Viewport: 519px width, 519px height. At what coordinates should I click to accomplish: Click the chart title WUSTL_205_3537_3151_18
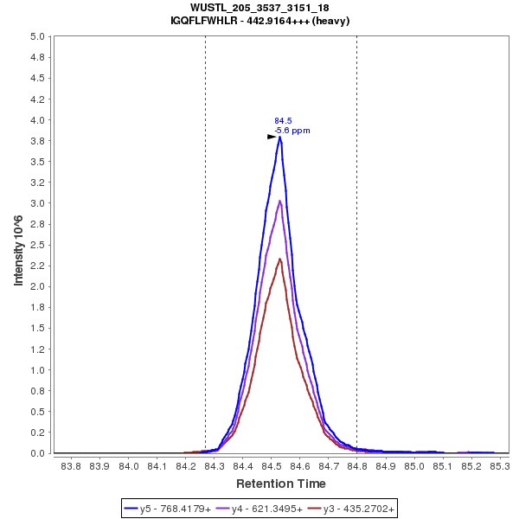pos(259,8)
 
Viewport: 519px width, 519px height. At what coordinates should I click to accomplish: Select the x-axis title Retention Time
pos(281,484)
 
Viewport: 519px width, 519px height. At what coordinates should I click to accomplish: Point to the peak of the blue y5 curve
pos(280,137)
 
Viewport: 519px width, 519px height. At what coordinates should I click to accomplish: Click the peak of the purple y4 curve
pos(280,201)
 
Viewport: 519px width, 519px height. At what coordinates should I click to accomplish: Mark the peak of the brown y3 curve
pos(279,259)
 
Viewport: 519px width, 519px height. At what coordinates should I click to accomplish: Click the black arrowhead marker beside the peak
pos(272,137)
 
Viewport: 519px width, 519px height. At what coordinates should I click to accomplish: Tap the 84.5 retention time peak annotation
pos(283,121)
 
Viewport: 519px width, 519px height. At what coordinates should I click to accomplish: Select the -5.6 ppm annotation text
pos(292,131)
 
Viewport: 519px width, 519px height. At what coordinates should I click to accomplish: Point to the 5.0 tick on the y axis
pos(38,36)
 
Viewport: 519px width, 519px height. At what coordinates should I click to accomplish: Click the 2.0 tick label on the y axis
pos(38,286)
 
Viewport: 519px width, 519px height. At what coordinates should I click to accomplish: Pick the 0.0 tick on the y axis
pos(38,453)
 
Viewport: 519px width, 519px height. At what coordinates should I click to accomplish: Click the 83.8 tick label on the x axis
pos(72,467)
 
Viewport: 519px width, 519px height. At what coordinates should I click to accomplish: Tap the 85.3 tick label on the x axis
pos(499,467)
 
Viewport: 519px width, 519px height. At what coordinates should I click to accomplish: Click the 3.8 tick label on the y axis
pos(38,140)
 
